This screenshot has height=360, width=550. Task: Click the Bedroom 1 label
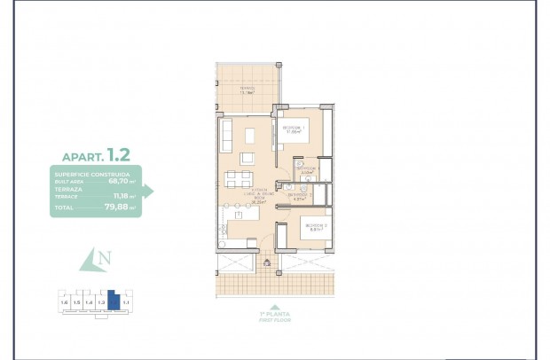pos(295,129)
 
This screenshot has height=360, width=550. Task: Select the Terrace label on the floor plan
pos(247,90)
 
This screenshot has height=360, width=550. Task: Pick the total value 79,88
pos(117,209)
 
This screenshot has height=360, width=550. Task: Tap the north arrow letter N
pos(105,260)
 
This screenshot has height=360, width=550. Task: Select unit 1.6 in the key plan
pos(63,303)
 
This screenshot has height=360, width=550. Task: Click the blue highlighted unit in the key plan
pos(113,301)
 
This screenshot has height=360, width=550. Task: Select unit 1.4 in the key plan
pos(89,303)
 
